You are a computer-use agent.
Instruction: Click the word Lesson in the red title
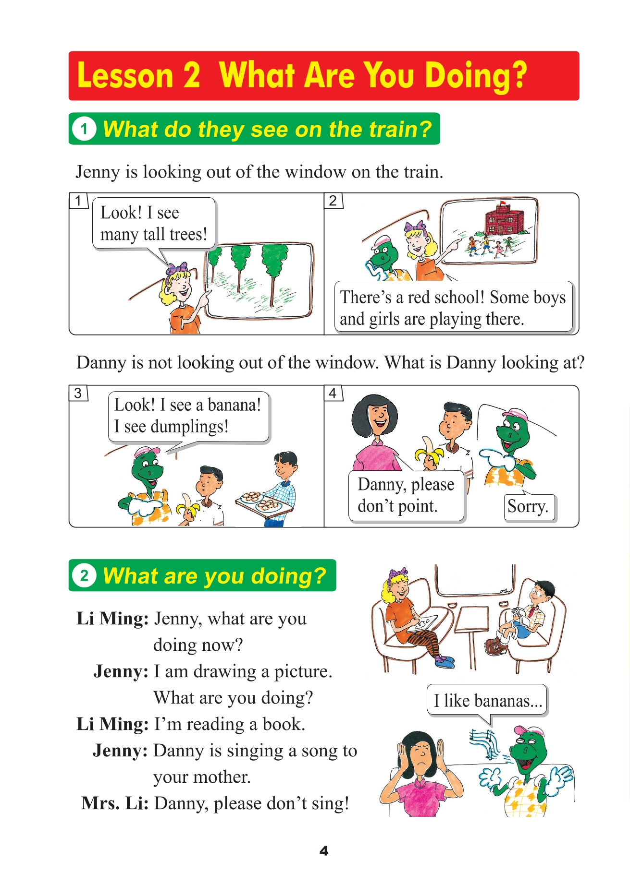pos(125,76)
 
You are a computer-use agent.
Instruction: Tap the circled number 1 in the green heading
pos(84,129)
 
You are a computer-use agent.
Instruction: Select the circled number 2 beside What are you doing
pos(84,575)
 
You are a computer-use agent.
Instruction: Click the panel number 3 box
pos(78,393)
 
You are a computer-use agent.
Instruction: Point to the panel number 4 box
pos(333,393)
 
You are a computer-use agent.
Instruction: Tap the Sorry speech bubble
pos(528,507)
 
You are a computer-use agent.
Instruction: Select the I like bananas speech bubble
pos(487,700)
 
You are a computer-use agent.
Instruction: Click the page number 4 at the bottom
pos(324,851)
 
